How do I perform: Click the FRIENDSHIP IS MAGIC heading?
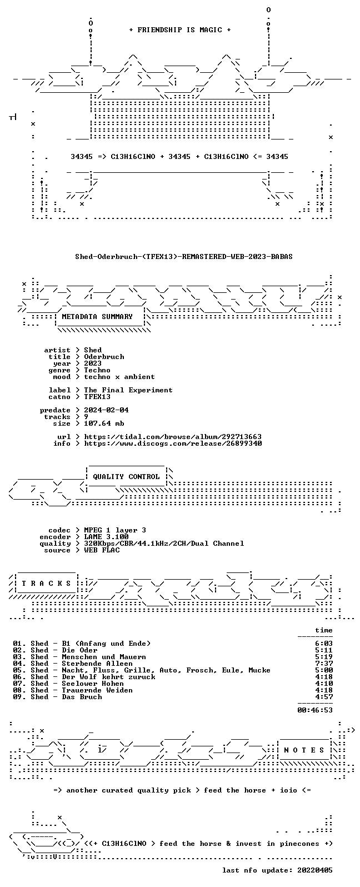(180, 30)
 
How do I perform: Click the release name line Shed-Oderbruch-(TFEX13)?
(184, 257)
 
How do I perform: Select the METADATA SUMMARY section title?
(97, 316)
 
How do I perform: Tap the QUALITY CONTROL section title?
(126, 477)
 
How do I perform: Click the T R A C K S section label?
(46, 584)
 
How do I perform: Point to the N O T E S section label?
(304, 750)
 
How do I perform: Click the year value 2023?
(93, 363)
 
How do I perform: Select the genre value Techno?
(97, 370)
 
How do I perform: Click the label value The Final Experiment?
(128, 390)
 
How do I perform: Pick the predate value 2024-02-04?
(106, 410)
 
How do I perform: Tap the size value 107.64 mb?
(104, 423)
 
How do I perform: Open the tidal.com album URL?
(173, 437)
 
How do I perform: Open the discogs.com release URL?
(173, 443)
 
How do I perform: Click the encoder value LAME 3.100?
(106, 537)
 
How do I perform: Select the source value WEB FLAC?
(102, 550)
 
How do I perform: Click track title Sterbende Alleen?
(97, 664)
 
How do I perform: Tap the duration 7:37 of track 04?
(324, 664)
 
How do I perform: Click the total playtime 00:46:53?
(315, 710)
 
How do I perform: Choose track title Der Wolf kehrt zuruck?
(108, 677)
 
